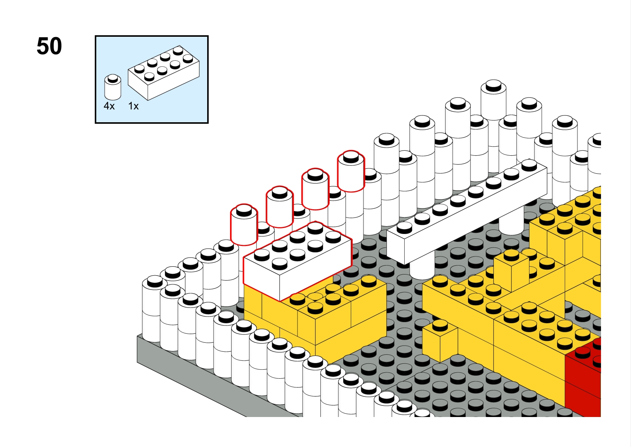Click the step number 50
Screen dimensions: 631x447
(49, 46)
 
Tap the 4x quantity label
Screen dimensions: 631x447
(109, 106)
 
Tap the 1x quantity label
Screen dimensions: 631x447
(133, 106)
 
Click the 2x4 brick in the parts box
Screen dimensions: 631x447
(163, 73)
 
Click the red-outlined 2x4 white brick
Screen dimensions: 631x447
(298, 261)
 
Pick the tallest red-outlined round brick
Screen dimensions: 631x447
(351, 171)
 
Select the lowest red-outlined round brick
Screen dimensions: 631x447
(244, 224)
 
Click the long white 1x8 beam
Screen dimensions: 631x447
(467, 212)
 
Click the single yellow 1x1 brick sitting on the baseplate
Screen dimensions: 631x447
(440, 341)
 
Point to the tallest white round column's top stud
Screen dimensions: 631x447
(493, 85)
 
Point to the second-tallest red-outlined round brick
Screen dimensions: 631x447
(315, 189)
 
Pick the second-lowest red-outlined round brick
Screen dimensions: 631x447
(280, 207)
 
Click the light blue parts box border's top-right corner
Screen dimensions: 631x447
(208, 36)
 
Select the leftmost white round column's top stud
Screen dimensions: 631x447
(155, 281)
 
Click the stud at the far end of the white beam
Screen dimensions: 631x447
(529, 165)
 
